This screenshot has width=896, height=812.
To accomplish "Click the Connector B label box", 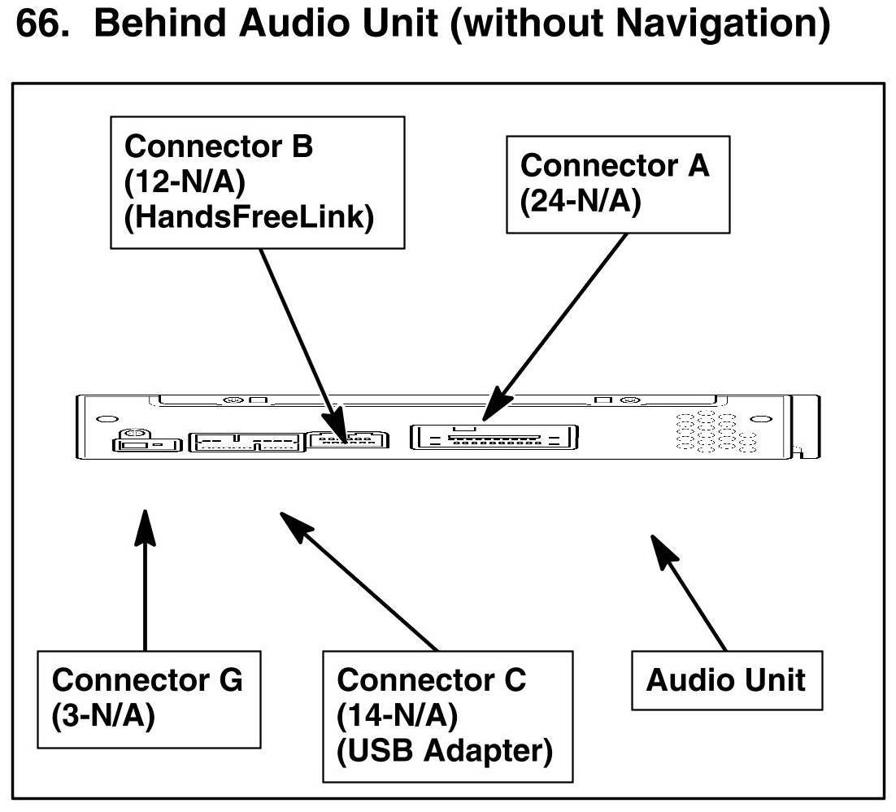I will coord(257,182).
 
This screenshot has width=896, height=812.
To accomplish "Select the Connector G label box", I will coord(149,698).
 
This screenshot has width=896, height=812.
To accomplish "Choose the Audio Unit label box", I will coord(726,679).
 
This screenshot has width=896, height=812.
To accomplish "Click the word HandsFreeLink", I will coord(248,217).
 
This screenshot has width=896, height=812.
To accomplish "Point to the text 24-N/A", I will coord(581,199).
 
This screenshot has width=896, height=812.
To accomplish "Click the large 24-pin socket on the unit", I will coord(495,437).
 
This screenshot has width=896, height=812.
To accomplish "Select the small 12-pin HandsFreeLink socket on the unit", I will coord(348,439).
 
